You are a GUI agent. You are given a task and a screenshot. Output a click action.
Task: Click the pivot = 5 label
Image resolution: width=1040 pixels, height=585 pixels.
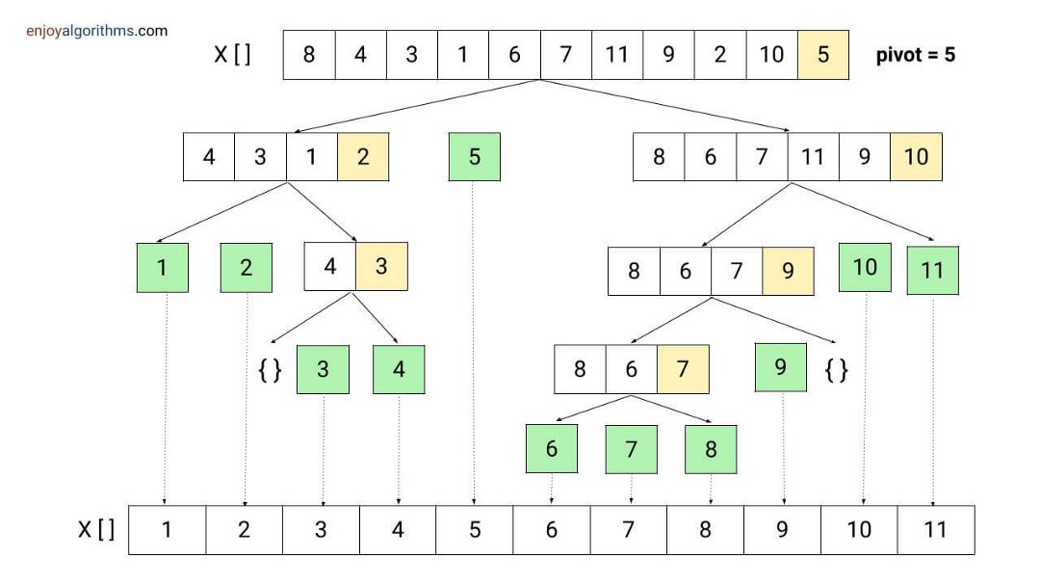[916, 54]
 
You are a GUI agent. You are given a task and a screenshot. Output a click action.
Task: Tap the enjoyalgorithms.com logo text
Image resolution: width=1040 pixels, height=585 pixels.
[97, 31]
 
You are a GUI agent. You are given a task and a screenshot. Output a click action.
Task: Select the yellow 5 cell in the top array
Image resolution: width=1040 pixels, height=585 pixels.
[823, 54]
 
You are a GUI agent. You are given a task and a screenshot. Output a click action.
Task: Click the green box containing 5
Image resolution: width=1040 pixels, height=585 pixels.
[474, 157]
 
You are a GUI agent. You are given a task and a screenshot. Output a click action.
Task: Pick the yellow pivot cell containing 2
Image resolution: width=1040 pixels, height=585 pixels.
[363, 157]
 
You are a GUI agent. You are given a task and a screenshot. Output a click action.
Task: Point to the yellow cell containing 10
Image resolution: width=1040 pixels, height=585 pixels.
[916, 157]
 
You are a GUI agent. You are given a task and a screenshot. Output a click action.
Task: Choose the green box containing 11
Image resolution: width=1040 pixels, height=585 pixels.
[932, 270]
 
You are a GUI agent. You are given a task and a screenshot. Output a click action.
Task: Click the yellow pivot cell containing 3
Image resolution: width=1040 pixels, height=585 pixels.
[381, 266]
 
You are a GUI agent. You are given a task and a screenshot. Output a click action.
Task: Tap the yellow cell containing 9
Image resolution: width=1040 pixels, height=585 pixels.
[788, 271]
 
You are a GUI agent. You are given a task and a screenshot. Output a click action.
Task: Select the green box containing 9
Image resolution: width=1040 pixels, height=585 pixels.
[781, 367]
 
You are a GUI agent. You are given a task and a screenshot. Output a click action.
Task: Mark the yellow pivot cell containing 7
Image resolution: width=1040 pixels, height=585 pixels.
[683, 369]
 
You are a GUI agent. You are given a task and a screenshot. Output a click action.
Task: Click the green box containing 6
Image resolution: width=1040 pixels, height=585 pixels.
[551, 449]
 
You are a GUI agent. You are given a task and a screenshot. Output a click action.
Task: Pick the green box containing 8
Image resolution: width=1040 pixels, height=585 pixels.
[711, 449]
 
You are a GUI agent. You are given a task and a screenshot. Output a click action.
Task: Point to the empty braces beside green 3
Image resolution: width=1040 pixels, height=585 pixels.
[270, 369]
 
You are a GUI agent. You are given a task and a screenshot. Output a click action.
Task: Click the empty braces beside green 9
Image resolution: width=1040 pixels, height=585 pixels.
[837, 369]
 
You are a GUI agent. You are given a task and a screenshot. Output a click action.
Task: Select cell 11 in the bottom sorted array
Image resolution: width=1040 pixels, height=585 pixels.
[936, 530]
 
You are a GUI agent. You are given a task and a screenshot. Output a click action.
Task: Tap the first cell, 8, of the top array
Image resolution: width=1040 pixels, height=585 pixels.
[309, 54]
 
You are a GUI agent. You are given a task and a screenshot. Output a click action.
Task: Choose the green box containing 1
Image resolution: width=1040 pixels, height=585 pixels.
[163, 268]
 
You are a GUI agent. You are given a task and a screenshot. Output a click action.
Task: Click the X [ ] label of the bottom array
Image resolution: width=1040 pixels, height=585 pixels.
[97, 530]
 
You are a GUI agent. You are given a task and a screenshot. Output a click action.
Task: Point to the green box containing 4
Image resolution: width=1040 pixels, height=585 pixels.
[399, 369]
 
